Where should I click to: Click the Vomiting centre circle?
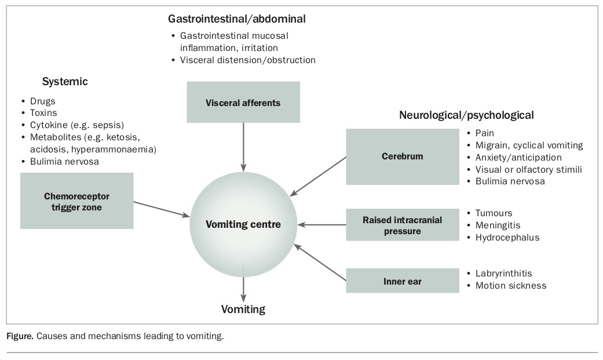243,224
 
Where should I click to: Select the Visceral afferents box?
243,103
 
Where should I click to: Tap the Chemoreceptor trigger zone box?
76,201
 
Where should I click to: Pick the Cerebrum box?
402,157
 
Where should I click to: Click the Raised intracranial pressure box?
402,225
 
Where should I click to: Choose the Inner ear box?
402,282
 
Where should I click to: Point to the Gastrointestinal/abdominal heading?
237,19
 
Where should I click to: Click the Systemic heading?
65,82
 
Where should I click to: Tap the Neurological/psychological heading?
466,115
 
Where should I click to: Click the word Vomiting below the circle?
243,309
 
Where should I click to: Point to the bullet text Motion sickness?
510,285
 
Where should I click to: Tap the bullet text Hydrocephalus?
507,237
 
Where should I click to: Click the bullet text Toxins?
43,113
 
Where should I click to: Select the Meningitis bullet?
498,225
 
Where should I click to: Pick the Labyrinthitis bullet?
503,273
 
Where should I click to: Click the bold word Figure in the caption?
20,336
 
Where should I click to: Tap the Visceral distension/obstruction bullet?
248,60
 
